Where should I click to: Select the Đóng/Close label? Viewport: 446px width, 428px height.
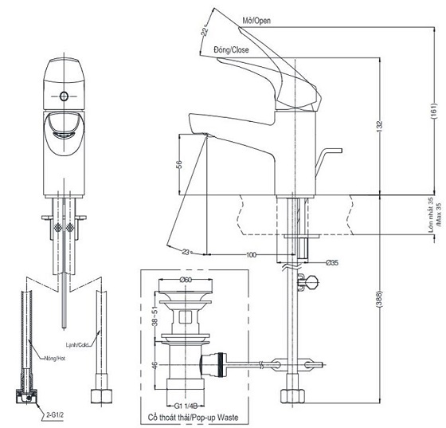[231, 50]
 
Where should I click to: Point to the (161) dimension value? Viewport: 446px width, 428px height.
[433, 104]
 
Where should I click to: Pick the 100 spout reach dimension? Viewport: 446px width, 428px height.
[252, 254]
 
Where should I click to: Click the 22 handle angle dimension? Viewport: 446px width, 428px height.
[204, 31]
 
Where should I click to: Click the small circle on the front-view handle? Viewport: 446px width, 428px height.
[65, 97]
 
